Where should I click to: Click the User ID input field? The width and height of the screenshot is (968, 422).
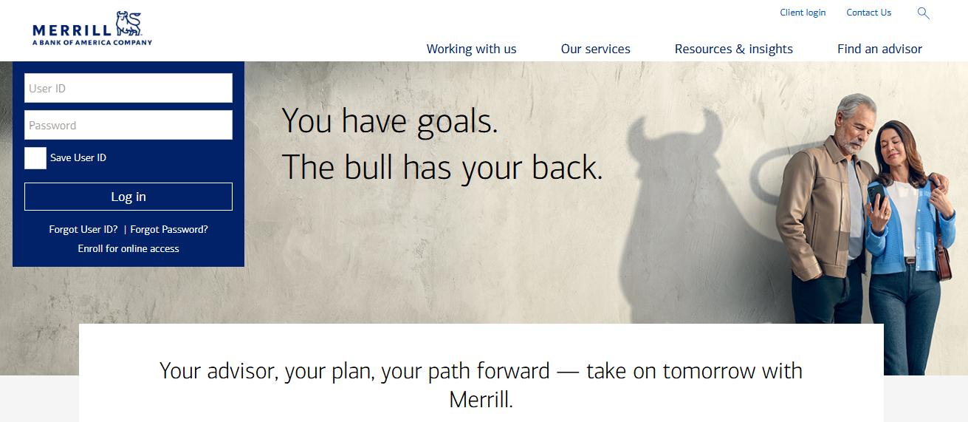128,88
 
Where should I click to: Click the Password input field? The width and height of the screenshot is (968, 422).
128,125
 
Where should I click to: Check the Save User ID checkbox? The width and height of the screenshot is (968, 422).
35,158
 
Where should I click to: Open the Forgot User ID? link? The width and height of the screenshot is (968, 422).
83,229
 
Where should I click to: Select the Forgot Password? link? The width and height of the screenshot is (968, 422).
169,229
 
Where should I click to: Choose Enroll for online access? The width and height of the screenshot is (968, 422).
128,248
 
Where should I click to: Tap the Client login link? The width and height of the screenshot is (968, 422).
803,13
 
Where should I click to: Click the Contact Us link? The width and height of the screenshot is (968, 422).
868,13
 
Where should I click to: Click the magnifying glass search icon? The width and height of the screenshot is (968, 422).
924,13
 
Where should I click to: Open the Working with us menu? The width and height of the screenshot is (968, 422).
471,49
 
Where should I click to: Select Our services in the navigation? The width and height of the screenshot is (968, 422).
595,49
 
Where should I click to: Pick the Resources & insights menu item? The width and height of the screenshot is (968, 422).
733,49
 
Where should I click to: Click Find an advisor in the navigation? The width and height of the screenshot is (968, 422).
879,49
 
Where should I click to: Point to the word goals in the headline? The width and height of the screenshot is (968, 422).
457,121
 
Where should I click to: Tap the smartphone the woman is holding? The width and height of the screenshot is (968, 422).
875,196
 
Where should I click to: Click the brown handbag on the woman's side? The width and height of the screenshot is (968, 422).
943,263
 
